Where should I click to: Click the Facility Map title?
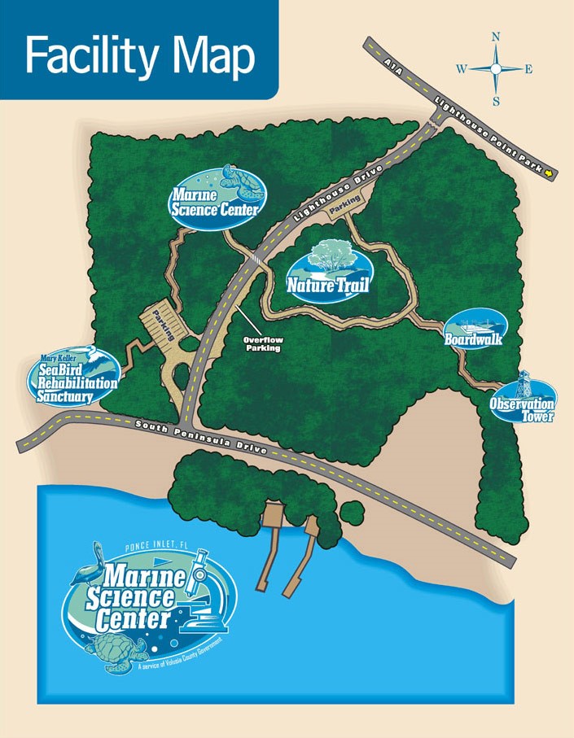pyautogui.click(x=139, y=56)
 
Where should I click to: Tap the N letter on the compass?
pyautogui.click(x=496, y=37)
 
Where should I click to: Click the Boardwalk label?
pyautogui.click(x=473, y=338)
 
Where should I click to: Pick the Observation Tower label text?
pyautogui.click(x=522, y=410)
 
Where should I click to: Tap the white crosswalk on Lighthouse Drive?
pyautogui.click(x=255, y=258)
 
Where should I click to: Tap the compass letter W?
pyautogui.click(x=461, y=70)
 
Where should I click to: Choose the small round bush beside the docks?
pyautogui.click(x=352, y=513)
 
